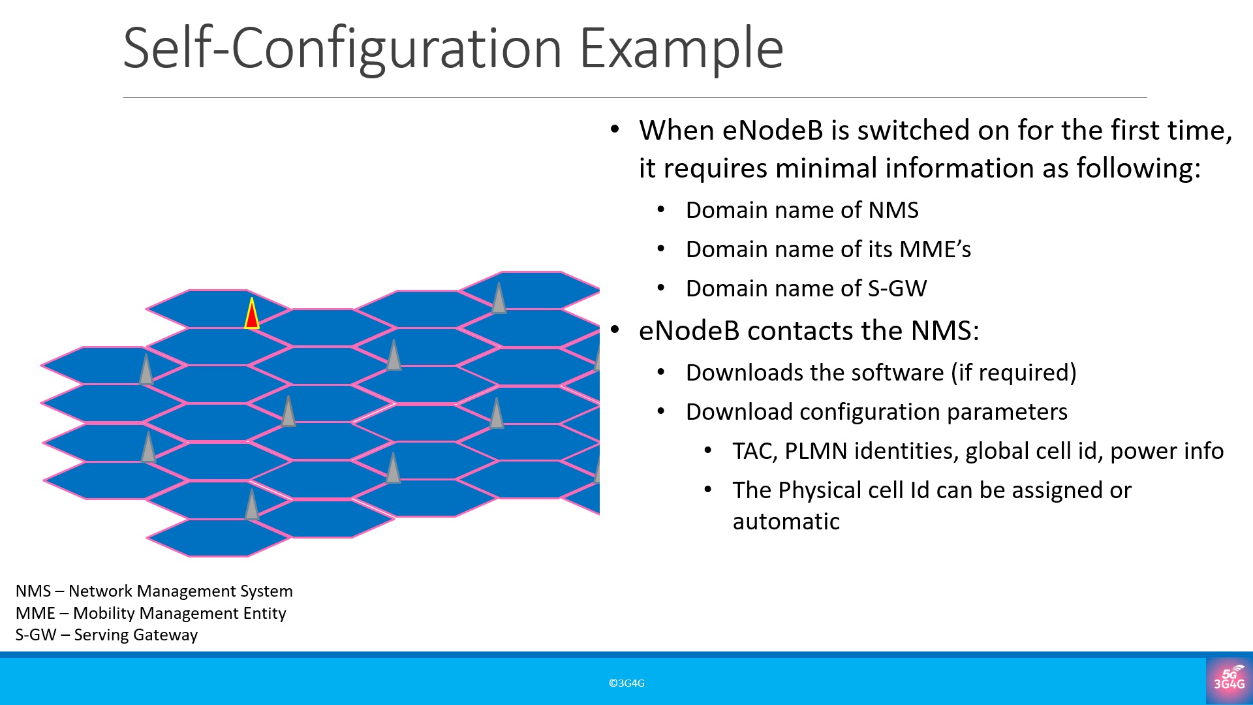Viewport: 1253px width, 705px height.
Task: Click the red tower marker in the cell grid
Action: coord(252,313)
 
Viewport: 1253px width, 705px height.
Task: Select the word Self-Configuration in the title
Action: coord(343,48)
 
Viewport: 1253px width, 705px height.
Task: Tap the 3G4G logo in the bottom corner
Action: coord(1229,680)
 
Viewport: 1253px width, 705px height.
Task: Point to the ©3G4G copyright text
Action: coord(626,683)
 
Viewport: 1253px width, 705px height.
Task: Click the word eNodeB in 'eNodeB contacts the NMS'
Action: coord(689,330)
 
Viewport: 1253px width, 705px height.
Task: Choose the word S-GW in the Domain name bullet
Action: coord(897,289)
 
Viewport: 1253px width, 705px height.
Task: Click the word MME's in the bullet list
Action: coord(935,249)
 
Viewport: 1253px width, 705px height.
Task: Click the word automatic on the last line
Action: coord(786,522)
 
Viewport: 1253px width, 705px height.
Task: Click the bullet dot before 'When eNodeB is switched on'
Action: coord(615,129)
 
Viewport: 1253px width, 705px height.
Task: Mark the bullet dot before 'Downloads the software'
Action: coord(661,372)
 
